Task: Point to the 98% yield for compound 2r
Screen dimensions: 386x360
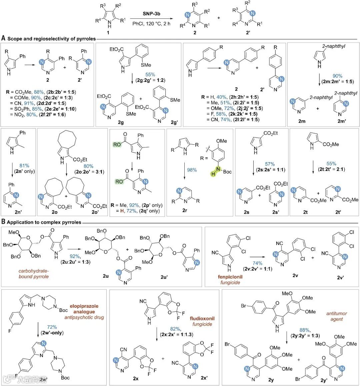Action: point(192,170)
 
